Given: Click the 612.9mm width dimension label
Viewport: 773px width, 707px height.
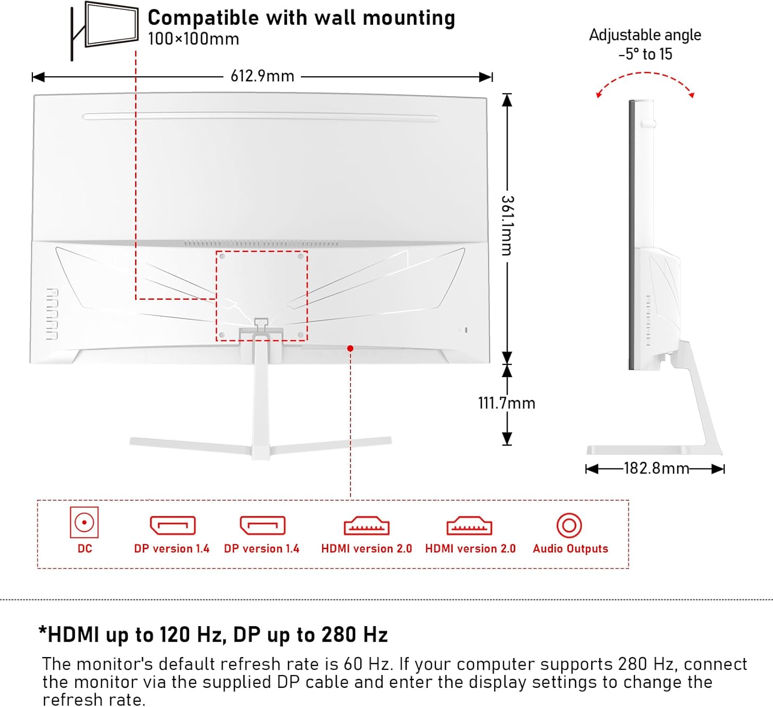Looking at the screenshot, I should pyautogui.click(x=262, y=76).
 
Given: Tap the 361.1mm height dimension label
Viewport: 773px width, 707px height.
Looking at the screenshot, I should pyautogui.click(x=507, y=226).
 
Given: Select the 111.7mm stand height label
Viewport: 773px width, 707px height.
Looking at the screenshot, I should pyautogui.click(x=507, y=403).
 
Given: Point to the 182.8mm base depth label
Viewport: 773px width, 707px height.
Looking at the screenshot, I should pyautogui.click(x=656, y=468).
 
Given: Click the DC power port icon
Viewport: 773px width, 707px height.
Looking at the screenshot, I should pyautogui.click(x=84, y=523).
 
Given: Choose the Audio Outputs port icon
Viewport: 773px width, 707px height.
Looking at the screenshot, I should pyautogui.click(x=569, y=526).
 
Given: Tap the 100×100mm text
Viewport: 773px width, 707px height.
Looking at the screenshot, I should pyautogui.click(x=193, y=39).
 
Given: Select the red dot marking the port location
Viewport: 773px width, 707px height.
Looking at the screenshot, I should pyautogui.click(x=350, y=349).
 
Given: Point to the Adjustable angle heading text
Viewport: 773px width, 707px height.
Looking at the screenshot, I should pyautogui.click(x=645, y=35).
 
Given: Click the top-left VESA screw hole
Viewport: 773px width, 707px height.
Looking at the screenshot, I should pyautogui.click(x=222, y=256).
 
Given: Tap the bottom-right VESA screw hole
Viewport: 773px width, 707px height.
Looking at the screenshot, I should pyautogui.click(x=301, y=335).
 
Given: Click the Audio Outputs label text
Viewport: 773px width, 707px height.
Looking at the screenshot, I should pyautogui.click(x=570, y=549).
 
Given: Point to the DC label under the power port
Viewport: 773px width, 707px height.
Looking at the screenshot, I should pyautogui.click(x=85, y=549).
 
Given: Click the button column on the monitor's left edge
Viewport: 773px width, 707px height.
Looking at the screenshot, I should pyautogui.click(x=52, y=314).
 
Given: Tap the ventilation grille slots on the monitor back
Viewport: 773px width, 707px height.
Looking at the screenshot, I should pyautogui.click(x=261, y=243).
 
